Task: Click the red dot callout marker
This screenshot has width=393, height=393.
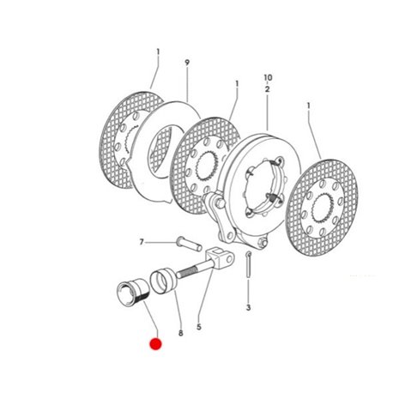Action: click(x=156, y=344)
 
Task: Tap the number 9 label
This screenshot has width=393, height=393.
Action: click(x=187, y=63)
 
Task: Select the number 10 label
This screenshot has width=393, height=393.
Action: click(x=268, y=77)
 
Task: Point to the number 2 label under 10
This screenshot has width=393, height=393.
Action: click(x=267, y=89)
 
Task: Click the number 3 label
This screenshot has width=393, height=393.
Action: click(x=248, y=307)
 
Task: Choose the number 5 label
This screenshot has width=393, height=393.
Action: click(x=199, y=327)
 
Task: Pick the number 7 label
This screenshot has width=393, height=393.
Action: click(x=142, y=242)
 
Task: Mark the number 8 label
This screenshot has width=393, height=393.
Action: click(x=180, y=333)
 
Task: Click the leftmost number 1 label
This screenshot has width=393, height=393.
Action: click(x=158, y=52)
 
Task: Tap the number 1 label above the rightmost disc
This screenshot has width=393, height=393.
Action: click(x=308, y=106)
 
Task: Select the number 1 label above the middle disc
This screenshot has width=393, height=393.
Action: click(x=237, y=84)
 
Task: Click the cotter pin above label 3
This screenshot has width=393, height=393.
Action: click(x=249, y=264)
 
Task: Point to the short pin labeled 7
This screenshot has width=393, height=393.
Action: click(x=189, y=244)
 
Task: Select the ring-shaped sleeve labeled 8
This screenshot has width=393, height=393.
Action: click(x=164, y=280)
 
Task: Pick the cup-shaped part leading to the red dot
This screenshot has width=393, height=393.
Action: click(x=133, y=292)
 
